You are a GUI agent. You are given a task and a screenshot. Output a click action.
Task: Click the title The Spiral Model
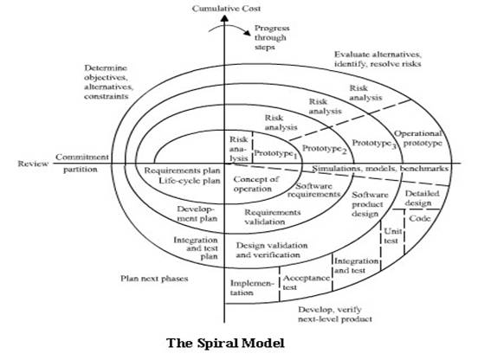pyautogui.click(x=226, y=343)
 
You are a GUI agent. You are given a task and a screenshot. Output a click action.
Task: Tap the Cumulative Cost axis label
pyautogui.click(x=226, y=9)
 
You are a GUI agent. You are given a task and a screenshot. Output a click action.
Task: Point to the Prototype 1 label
pyautogui.click(x=275, y=153)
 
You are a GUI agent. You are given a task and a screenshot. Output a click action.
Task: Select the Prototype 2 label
pyautogui.click(x=325, y=149)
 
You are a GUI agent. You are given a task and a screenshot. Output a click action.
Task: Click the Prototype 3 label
pyautogui.click(x=374, y=144)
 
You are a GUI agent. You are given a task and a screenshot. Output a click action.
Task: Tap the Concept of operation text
pyautogui.click(x=255, y=183)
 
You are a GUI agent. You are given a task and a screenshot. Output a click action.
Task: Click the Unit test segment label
pyautogui.click(x=392, y=235)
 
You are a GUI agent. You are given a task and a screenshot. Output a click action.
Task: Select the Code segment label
pyautogui.click(x=420, y=218)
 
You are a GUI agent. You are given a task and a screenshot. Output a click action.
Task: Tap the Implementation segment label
pyautogui.click(x=250, y=288)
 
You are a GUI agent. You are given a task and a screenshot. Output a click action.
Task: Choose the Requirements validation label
pyautogui.click(x=273, y=217)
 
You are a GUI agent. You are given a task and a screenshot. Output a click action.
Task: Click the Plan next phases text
pyautogui.click(x=154, y=279)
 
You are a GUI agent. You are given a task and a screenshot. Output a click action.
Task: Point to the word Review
pyautogui.click(x=33, y=164)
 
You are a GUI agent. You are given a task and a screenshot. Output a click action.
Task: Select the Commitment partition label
pyautogui.click(x=82, y=164)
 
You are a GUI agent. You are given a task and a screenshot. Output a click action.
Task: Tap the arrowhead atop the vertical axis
pyautogui.click(x=224, y=18)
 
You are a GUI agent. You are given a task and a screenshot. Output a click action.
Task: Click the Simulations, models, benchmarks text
pyautogui.click(x=380, y=169)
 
